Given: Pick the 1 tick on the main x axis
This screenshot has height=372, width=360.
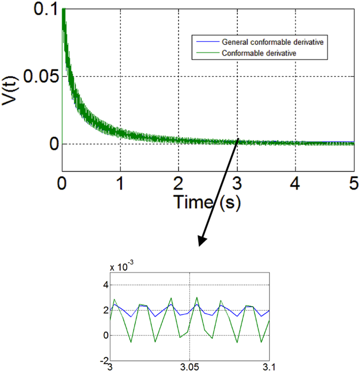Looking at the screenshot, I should (x=120, y=183).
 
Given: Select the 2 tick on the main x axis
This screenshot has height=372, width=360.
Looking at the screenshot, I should (x=179, y=183).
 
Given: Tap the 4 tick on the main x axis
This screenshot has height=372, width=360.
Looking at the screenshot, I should (x=296, y=183).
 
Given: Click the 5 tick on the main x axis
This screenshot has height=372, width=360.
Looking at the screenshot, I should (x=354, y=183).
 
